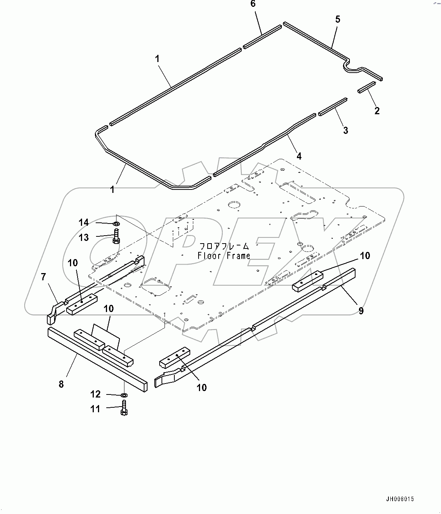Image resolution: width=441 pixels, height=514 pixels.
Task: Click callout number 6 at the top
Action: pos(253,4)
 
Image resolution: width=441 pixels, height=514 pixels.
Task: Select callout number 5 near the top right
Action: pos(338,19)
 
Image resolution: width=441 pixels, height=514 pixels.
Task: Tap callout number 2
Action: pos(377,111)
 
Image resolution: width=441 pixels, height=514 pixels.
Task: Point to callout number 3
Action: pos(345,130)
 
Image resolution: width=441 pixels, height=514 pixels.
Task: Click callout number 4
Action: pos(299,156)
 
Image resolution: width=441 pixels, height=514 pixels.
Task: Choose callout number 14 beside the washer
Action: pos(84,222)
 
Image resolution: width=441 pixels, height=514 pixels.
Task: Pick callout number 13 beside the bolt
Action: pos(84,237)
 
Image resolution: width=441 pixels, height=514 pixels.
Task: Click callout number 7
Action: pos(43,277)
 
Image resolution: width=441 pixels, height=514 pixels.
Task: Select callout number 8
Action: pos(61,384)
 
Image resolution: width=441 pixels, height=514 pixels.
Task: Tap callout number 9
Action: pos(361,311)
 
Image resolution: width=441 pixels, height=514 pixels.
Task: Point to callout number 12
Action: pos(95,394)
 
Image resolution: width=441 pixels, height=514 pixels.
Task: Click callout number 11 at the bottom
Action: pos(95,408)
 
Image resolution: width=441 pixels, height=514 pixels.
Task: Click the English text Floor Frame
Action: pos(224,256)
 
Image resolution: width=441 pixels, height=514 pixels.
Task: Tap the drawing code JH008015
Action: pos(401,499)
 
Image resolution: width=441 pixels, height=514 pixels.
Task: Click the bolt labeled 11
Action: pos(124,408)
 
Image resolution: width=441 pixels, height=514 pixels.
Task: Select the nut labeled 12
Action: pos(124,395)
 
